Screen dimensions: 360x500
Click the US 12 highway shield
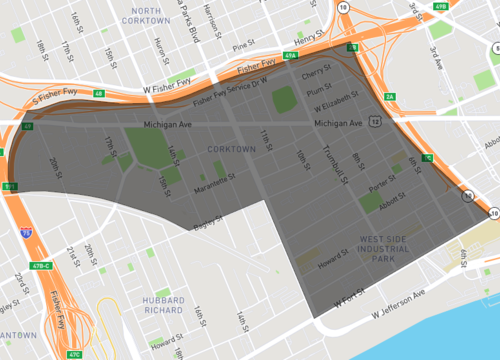[371, 121]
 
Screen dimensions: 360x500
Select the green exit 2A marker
[391, 96]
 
